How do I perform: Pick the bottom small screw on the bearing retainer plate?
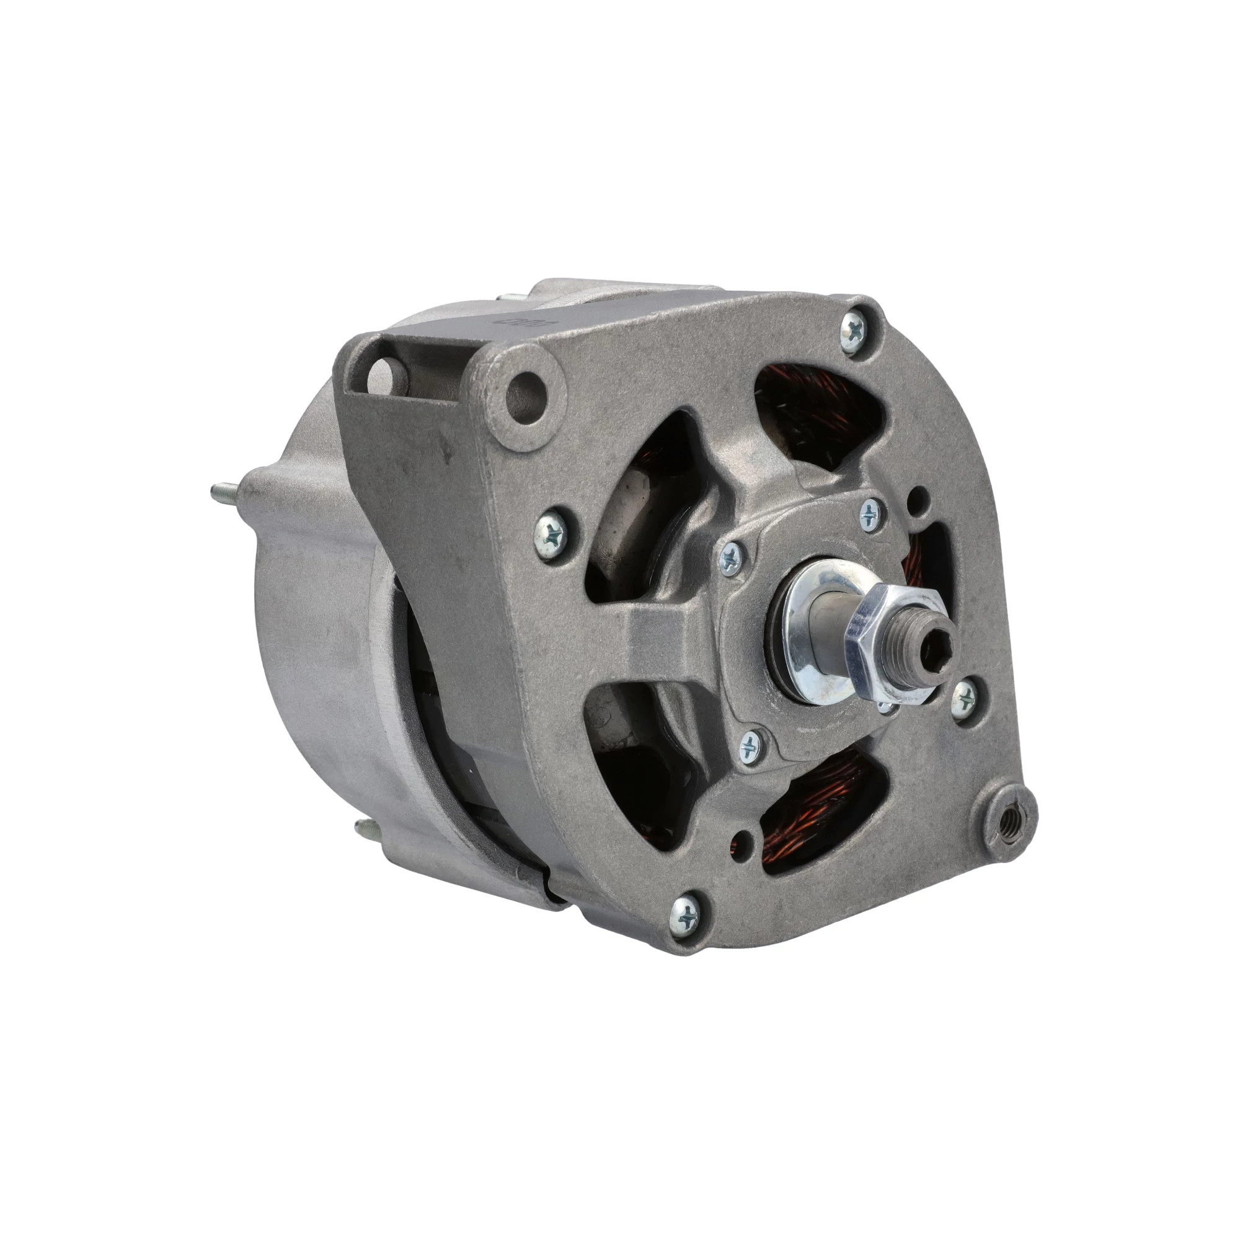tap(750, 746)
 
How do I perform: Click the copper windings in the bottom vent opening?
tap(821, 821)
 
